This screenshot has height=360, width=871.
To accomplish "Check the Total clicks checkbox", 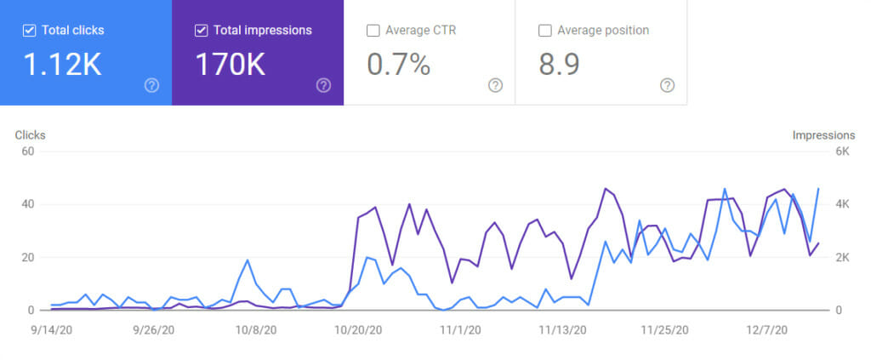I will pyautogui.click(x=30, y=31).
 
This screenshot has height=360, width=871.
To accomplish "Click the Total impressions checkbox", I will pyautogui.click(x=202, y=31).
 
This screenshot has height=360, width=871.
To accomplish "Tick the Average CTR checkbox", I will pyautogui.click(x=373, y=31).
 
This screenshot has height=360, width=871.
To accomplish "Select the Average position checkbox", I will pyautogui.click(x=545, y=31).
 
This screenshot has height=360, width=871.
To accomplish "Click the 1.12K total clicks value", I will pyautogui.click(x=64, y=65).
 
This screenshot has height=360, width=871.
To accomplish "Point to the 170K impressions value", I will pyautogui.click(x=231, y=65).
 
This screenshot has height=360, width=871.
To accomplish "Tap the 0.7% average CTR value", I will pyautogui.click(x=398, y=65).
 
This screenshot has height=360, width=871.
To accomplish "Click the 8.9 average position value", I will pyautogui.click(x=559, y=65).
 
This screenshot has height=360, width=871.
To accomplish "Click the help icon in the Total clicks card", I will pyautogui.click(x=151, y=85).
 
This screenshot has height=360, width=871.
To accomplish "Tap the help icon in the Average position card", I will pyautogui.click(x=668, y=85).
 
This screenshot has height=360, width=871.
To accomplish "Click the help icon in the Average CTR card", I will pyautogui.click(x=495, y=85).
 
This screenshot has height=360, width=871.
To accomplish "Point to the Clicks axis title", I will pyautogui.click(x=31, y=135).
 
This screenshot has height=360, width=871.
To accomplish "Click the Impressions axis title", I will pyautogui.click(x=823, y=135).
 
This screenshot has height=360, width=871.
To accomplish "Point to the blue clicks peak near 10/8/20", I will pyautogui.click(x=248, y=260).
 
